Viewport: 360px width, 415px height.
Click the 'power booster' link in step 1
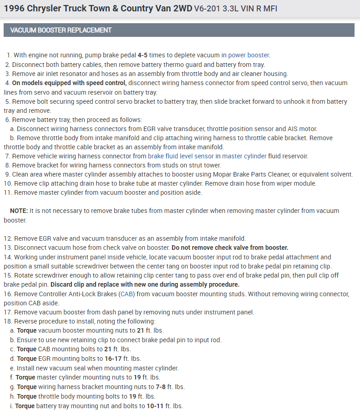pos(248,55)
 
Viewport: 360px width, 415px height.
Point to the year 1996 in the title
pos(14,9)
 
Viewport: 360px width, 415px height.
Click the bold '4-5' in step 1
pos(143,55)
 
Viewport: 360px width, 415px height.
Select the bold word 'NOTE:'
pos(19,211)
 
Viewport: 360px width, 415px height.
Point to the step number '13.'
pos(8,248)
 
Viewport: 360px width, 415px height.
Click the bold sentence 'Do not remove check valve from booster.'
pos(230,248)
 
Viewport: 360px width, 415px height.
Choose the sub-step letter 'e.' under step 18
pos(12,368)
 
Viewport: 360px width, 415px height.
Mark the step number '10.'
pos(8,183)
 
